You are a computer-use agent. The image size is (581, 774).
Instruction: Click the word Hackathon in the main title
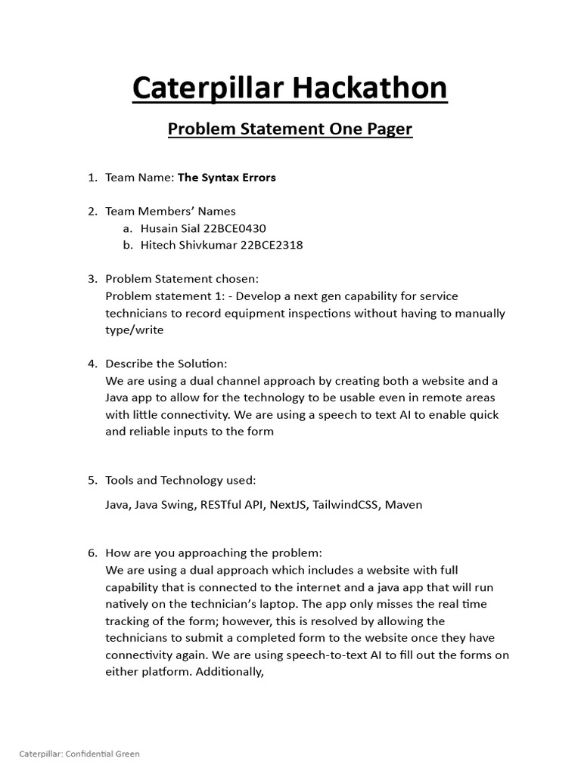tap(370, 88)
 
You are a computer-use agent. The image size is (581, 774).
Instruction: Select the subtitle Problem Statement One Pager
tap(290, 129)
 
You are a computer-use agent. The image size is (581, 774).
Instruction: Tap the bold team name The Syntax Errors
tap(226, 178)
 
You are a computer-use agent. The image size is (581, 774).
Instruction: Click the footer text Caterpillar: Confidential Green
tap(79, 754)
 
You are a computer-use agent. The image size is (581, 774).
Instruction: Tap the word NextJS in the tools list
tap(283, 504)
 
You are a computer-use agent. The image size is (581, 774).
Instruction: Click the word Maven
tap(404, 504)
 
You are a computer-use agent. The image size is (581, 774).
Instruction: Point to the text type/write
tap(134, 330)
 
